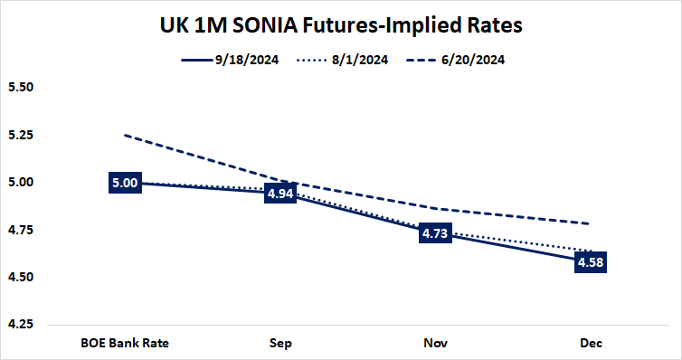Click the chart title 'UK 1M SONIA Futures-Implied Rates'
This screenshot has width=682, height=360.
coord(342,25)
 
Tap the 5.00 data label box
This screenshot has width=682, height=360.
coord(124,183)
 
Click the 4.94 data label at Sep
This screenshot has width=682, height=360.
coord(280,194)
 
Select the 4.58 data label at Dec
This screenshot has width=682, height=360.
coord(591,263)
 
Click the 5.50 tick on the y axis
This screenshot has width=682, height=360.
coord(19,89)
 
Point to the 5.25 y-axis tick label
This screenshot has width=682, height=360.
coord(19,136)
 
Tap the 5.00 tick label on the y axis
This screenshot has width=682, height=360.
coord(19,183)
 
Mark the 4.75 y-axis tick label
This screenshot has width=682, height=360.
coord(19,230)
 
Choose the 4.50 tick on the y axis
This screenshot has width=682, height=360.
coord(19,277)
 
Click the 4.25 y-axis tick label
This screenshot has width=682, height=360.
coord(19,324)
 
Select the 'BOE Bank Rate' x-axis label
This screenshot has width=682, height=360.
coord(124,343)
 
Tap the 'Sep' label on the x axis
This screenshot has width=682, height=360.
coord(280,343)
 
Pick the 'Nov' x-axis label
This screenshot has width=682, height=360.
coord(435,343)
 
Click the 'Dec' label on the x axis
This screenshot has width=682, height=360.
coord(591,343)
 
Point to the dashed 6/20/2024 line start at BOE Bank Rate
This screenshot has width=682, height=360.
coord(125,136)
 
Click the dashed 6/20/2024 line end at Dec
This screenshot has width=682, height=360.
coord(591,223)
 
